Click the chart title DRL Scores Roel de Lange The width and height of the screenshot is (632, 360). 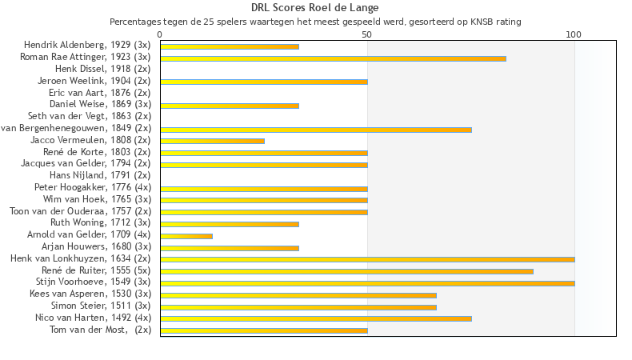(315, 8)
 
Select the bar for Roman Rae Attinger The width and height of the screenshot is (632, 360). (333, 58)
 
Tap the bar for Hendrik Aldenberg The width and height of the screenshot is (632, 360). (230, 46)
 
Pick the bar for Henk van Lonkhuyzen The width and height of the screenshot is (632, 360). (367, 259)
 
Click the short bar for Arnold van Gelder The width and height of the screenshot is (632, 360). (186, 236)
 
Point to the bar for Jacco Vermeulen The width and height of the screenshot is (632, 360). (212, 141)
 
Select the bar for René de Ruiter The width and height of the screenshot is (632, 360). (346, 271)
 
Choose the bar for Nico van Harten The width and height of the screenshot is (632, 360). (316, 318)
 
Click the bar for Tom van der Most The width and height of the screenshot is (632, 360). (264, 330)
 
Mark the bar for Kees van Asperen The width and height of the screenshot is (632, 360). (298, 295)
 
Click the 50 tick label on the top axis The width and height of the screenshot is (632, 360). (367, 34)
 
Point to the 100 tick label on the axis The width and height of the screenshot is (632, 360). (574, 34)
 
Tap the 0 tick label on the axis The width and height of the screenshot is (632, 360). (160, 34)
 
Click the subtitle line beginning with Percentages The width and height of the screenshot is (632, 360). (315, 22)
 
